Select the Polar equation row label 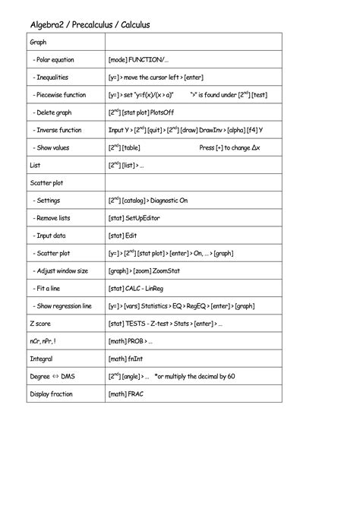coord(55,59)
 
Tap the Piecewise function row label coord(60,95)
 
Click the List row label coord(35,165)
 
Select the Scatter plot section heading coord(46,183)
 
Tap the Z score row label coord(40,323)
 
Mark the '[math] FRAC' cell coord(126,394)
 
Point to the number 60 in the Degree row coord(231,376)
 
